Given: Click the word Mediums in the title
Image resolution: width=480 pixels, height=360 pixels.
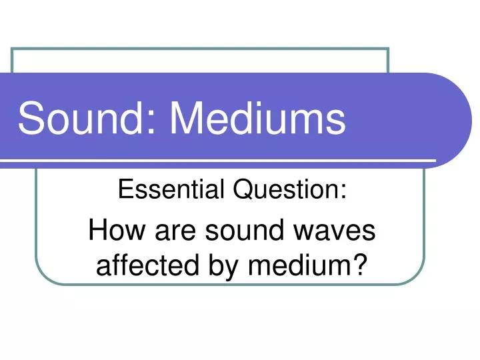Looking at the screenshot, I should coord(258,120).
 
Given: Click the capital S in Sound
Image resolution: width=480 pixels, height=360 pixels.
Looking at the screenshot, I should coord(29,120).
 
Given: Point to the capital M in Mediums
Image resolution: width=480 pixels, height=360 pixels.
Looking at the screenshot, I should coord(185,120).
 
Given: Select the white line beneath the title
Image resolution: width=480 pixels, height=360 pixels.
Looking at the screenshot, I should coord(220,161).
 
